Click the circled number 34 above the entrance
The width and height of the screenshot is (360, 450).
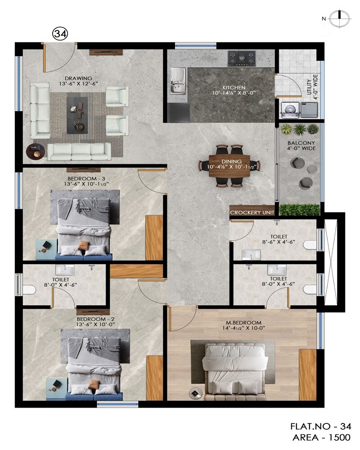click(60, 34)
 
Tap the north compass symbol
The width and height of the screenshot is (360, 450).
click(336, 19)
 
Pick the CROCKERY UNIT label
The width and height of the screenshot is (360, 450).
click(252, 212)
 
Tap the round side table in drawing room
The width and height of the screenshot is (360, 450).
click(36, 152)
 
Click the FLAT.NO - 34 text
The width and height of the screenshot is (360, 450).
click(320, 426)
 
